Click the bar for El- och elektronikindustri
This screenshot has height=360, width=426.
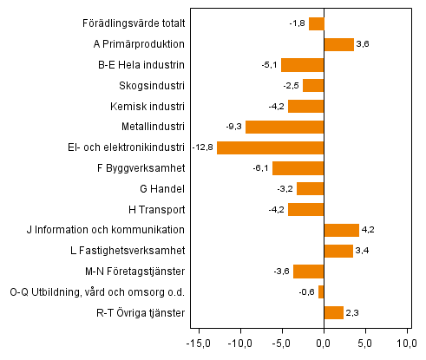pyautogui.click(x=270, y=147)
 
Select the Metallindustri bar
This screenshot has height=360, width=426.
pyautogui.click(x=285, y=127)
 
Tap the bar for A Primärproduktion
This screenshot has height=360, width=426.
pyautogui.click(x=338, y=44)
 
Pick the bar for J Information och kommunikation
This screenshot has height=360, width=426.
pyautogui.click(x=341, y=230)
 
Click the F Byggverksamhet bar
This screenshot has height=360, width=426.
pyautogui.click(x=298, y=168)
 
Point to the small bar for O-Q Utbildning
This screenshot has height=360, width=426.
pyautogui.click(x=321, y=292)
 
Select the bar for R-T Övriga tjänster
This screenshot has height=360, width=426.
pyautogui.click(x=333, y=312)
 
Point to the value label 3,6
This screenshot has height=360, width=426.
pyautogui.click(x=363, y=44)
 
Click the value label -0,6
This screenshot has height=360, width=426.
pyautogui.click(x=305, y=292)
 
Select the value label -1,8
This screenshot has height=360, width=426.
pyautogui.click(x=297, y=23)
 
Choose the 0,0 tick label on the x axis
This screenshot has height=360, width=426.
pyautogui.click(x=324, y=343)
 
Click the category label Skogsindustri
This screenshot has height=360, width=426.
pyautogui.click(x=152, y=86)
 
